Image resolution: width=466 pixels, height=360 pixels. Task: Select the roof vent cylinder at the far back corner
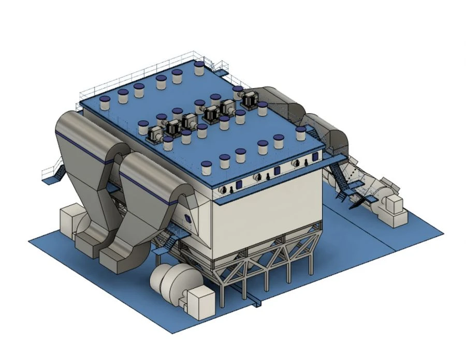coord(199,68)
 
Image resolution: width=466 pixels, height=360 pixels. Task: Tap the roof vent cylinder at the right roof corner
coord(301,133)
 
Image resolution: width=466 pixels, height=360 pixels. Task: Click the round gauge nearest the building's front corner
coord(224,190)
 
